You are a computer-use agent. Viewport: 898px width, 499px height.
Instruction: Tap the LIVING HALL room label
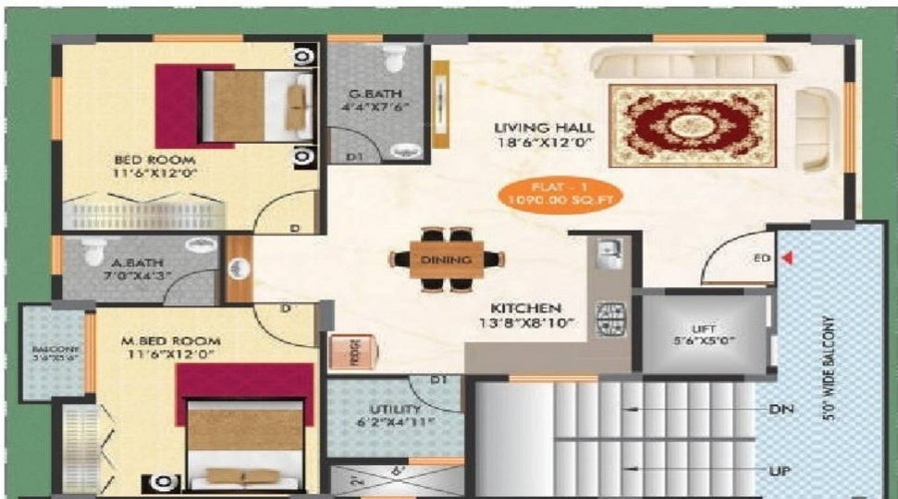pos(545,128)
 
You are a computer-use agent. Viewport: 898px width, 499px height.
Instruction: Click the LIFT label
pos(704,327)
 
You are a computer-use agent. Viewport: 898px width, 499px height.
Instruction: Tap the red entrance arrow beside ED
pos(787,258)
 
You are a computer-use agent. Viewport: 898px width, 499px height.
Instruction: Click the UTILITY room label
pos(393,409)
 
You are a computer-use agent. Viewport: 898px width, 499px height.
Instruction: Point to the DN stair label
pos(781,409)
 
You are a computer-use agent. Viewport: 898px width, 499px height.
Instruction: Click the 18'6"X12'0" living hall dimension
pos(545,144)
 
